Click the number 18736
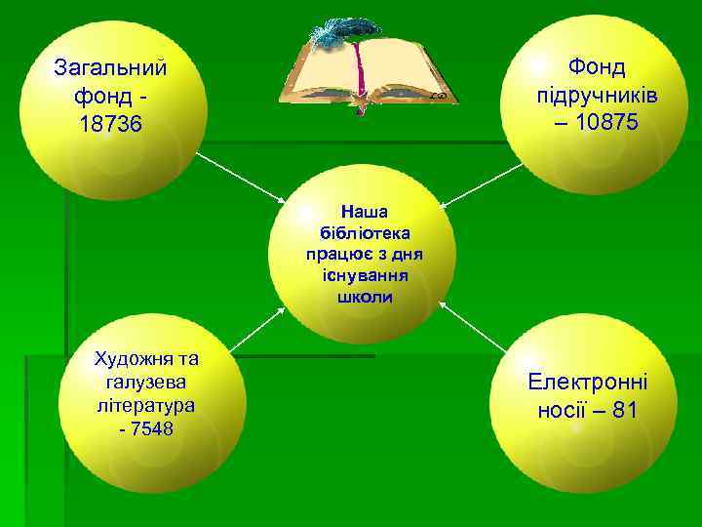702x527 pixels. pyautogui.click(x=111, y=126)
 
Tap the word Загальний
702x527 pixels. pyautogui.click(x=111, y=68)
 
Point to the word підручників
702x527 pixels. pyautogui.click(x=597, y=96)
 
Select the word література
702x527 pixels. pyautogui.click(x=142, y=403)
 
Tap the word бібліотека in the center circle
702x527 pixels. pyautogui.click(x=365, y=232)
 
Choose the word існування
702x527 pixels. pyautogui.click(x=365, y=275)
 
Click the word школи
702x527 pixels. pyautogui.click(x=365, y=297)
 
